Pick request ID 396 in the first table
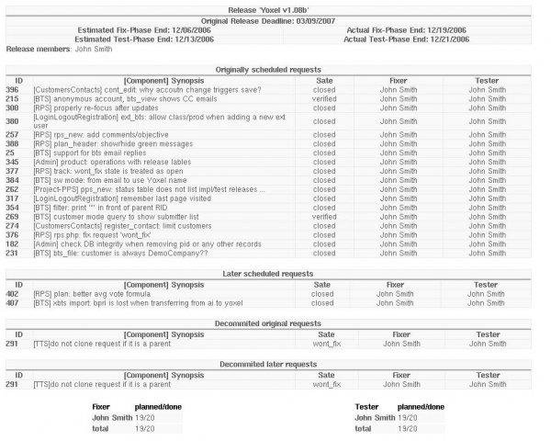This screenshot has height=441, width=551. point(12,89)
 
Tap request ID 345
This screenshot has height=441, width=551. point(12,162)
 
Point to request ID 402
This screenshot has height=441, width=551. point(12,294)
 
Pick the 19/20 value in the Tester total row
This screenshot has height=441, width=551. point(408,428)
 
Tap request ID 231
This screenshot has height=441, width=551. point(12,254)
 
